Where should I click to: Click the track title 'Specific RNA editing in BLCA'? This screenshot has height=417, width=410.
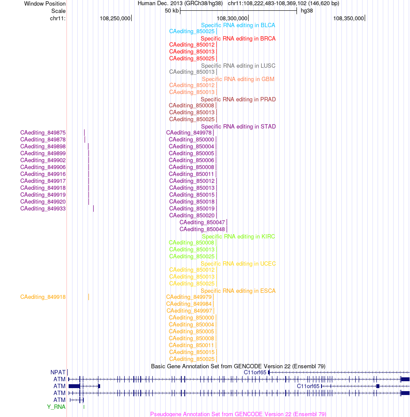(238, 25)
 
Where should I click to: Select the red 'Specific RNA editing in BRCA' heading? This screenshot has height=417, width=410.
(238, 38)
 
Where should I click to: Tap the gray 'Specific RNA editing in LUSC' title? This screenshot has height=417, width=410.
(238, 66)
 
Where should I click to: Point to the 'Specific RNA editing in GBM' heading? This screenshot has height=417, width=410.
(238, 79)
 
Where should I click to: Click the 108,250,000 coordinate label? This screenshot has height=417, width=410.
(115, 19)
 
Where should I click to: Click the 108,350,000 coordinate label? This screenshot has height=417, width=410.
(349, 19)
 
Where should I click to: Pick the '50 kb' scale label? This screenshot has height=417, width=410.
(172, 11)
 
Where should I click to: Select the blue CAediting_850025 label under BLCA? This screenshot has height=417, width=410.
(192, 31)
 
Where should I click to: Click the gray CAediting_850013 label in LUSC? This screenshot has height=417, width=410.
(192, 72)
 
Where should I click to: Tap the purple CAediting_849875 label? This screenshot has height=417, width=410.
(43, 133)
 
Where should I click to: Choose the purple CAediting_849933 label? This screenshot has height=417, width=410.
(43, 209)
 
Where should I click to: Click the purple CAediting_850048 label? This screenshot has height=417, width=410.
(202, 229)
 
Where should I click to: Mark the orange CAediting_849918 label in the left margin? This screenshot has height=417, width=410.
(43, 297)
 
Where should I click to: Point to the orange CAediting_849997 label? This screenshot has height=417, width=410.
(189, 310)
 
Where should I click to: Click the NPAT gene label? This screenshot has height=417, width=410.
(58, 372)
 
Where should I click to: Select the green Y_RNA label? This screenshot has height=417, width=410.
(56, 407)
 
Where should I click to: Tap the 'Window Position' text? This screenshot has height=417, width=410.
(45, 4)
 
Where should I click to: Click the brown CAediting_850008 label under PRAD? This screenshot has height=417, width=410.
(191, 106)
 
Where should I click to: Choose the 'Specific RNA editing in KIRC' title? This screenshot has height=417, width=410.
(238, 236)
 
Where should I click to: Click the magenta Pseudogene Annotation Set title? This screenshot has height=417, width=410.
(238, 414)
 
